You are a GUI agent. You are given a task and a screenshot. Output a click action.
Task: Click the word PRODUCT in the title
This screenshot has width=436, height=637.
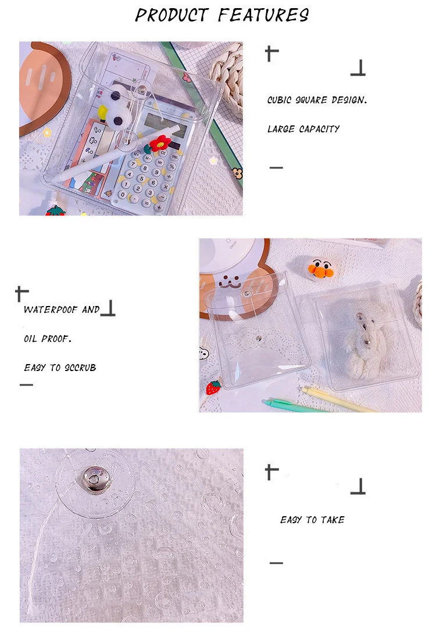171,15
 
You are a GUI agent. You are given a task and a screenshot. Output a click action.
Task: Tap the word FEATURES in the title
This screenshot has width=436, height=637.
263,15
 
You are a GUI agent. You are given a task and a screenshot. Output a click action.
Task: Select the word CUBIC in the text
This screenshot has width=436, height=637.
279,100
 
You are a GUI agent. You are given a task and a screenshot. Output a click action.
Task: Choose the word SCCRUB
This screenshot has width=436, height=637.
80,368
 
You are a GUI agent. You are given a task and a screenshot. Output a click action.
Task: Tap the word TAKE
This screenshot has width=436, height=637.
333,520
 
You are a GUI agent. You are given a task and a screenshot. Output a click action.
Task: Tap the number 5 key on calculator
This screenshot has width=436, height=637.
142,178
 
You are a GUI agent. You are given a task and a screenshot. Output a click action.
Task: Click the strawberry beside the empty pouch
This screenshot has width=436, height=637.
213,387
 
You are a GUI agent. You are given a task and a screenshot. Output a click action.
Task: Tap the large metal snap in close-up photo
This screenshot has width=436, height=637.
95,480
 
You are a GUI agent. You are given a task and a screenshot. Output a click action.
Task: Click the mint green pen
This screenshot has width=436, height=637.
297,406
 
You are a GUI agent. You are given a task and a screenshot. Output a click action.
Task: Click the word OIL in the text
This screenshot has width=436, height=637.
30,339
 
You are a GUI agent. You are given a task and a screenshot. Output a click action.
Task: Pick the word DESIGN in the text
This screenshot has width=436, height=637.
349,100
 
